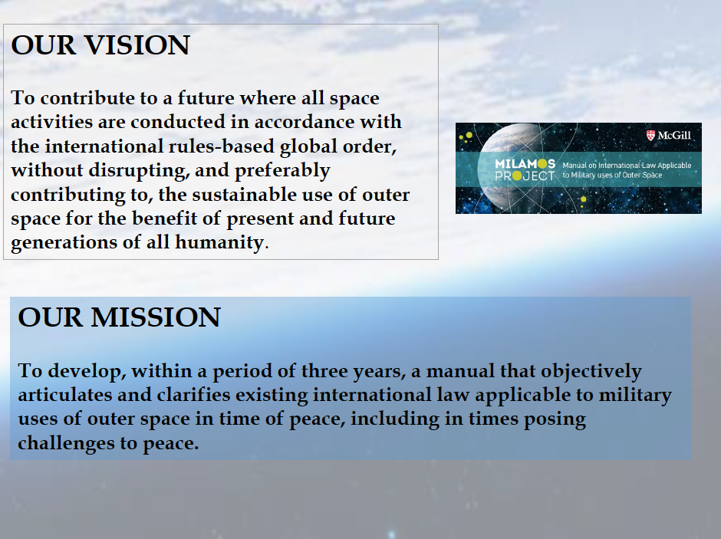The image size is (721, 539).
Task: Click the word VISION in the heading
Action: point(137,45)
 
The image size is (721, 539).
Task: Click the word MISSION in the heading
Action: point(156,317)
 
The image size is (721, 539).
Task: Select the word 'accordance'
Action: point(305,122)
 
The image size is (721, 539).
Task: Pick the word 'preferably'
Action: point(282,171)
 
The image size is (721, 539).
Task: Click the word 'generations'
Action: point(64,243)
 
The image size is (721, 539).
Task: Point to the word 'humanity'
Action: point(219,242)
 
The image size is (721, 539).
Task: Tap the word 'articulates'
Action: point(65,395)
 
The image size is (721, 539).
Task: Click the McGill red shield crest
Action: point(650,135)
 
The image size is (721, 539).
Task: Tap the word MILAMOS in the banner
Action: point(525,163)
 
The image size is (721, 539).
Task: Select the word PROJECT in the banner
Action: point(525,176)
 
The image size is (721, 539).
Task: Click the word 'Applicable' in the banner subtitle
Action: point(674,166)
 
